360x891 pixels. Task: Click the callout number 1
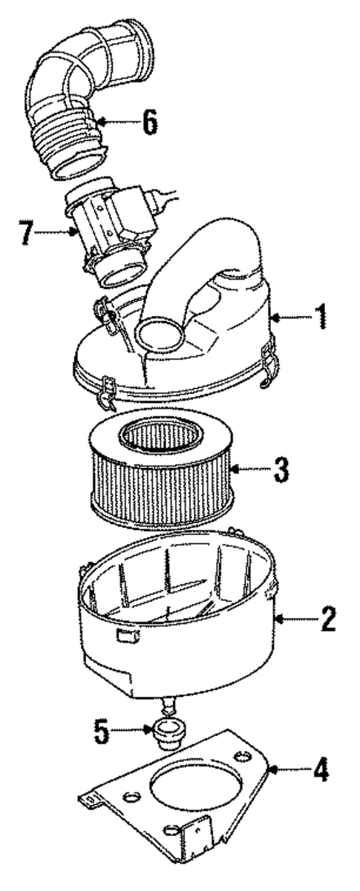pos(321,318)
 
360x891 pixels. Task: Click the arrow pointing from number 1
pos(289,318)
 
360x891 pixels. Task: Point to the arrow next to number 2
pos(293,618)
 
